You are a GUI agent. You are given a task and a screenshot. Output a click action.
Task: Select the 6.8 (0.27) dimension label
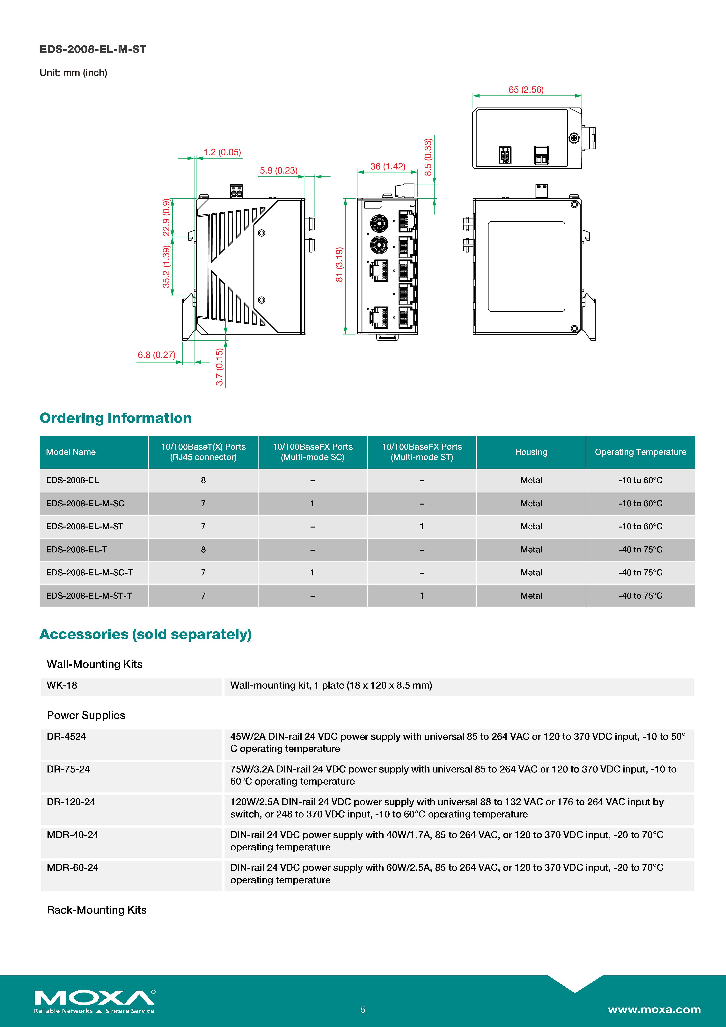click(156, 355)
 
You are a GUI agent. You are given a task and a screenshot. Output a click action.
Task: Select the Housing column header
click(531, 452)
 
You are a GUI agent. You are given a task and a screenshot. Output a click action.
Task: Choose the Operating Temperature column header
click(640, 452)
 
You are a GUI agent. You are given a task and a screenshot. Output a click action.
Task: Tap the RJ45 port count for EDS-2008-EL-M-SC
click(203, 503)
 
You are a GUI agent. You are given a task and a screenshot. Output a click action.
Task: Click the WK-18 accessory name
click(62, 685)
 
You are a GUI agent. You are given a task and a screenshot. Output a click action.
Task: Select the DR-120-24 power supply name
click(71, 802)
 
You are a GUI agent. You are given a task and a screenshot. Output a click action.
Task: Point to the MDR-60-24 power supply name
click(72, 867)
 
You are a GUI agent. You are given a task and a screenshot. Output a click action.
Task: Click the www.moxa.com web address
click(654, 1009)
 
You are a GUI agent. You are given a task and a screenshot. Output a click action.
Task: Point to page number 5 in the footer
click(363, 1009)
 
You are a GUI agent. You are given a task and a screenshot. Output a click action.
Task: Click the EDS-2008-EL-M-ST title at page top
click(93, 49)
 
